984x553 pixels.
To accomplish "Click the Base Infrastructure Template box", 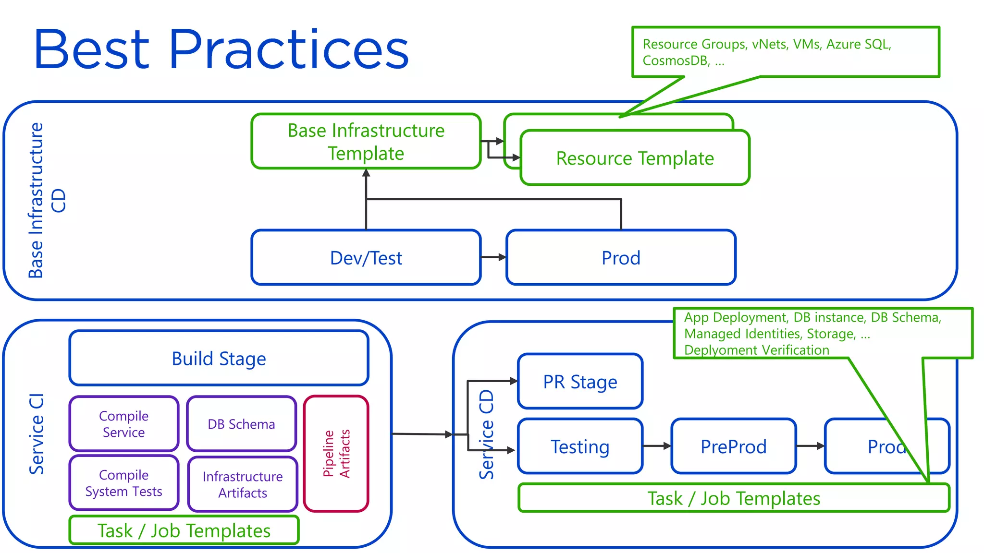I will [x=366, y=142].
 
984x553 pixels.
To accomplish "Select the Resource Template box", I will [x=635, y=158].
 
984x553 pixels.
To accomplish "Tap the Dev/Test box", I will [x=366, y=258].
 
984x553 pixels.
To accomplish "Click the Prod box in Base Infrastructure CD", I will [x=621, y=258].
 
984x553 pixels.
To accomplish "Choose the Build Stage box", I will [x=219, y=359].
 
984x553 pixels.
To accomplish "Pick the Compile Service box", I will [x=123, y=424].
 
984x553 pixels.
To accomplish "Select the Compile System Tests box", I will [x=123, y=483].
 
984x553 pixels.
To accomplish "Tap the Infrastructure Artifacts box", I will [x=243, y=484].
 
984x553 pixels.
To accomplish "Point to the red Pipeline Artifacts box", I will [x=336, y=454].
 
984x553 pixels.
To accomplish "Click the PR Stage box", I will [x=580, y=382].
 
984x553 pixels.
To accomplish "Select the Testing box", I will [x=580, y=446].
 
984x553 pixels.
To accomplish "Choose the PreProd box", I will [x=733, y=446].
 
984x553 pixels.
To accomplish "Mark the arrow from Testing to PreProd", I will [x=657, y=446].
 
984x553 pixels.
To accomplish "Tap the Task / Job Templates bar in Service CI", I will [x=184, y=530].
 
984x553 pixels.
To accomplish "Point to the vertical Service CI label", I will [x=37, y=434].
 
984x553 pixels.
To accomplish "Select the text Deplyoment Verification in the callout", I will [x=757, y=350].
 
